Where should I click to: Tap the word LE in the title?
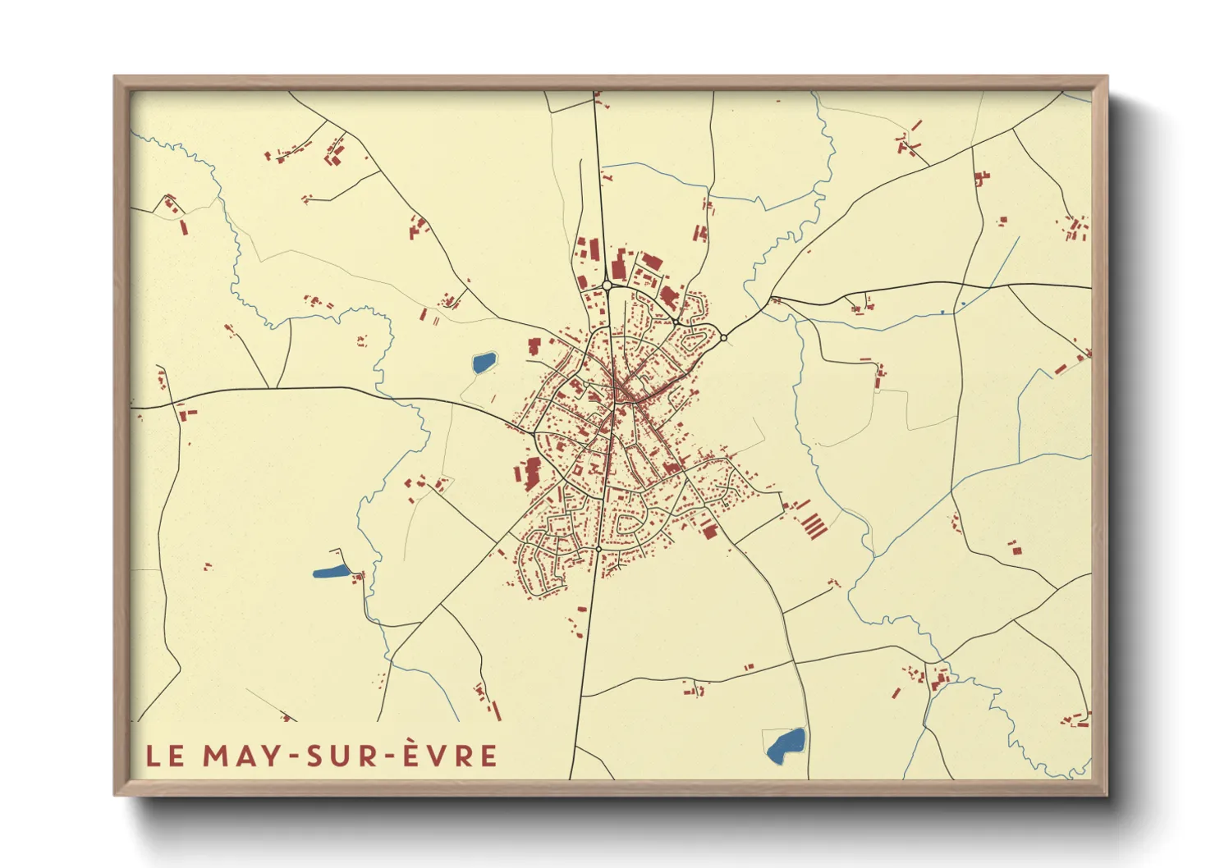point(166,756)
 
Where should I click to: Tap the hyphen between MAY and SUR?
point(292,756)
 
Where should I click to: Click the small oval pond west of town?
point(484,362)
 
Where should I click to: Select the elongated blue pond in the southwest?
point(331,571)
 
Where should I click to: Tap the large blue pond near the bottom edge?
point(786,745)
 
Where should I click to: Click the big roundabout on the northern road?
point(607,286)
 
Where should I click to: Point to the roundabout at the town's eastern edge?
point(723,337)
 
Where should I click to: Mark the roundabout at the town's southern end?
point(599,548)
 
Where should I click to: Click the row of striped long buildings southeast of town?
point(812,523)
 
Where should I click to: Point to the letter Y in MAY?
point(271,756)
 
